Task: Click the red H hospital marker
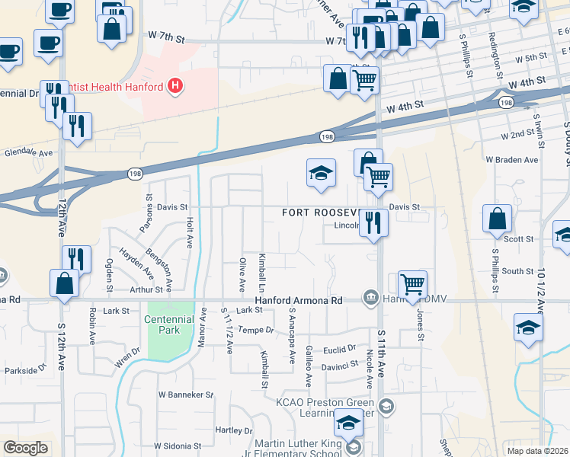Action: (x=175, y=86)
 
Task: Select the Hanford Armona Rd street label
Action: (x=299, y=301)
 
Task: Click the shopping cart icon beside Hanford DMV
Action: (x=412, y=284)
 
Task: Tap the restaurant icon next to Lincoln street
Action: (x=373, y=222)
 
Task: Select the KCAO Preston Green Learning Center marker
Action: (x=386, y=405)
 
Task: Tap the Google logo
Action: (x=25, y=448)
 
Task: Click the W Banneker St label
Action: (x=185, y=395)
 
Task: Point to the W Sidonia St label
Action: (x=177, y=446)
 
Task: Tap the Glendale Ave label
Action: (x=28, y=152)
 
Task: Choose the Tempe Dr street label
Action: (x=255, y=330)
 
